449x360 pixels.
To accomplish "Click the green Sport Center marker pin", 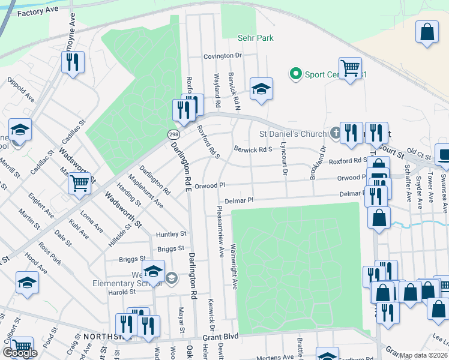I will tap(295, 74).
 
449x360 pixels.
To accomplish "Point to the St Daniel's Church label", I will tap(292, 133).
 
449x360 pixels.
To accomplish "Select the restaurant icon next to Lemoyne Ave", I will tap(72, 62).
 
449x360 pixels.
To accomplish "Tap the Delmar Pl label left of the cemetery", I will tap(239, 201).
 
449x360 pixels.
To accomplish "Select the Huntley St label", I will tap(171, 234).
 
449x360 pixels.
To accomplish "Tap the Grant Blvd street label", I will tap(220, 337).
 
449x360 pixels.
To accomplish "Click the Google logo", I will tap(20, 353).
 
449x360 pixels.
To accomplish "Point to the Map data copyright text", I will tap(423, 355).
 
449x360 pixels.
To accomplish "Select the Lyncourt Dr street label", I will tap(282, 162).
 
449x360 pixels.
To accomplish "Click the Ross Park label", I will tap(50, 253).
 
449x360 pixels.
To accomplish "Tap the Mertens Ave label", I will tap(277, 357).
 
